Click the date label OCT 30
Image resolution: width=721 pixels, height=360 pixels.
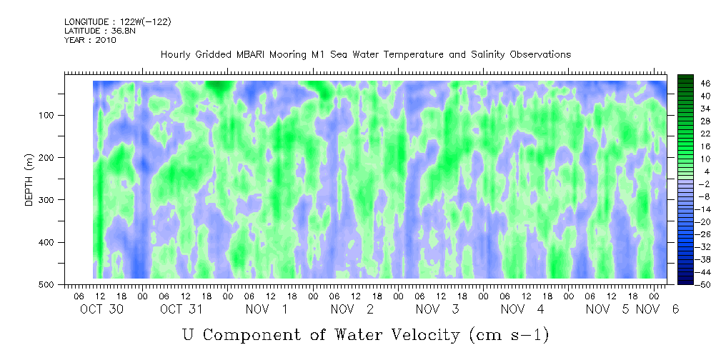(101, 309)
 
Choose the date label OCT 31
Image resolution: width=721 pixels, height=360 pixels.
(182, 309)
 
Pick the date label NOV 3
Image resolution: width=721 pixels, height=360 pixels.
(437, 309)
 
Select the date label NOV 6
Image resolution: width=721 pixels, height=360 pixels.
(657, 309)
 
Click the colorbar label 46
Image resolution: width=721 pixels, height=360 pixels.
(693, 84)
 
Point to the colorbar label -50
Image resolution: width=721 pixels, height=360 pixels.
(692, 285)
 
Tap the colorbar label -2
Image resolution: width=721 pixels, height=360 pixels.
(692, 184)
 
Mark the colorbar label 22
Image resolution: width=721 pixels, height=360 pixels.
(693, 136)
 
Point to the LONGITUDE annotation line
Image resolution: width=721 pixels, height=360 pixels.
(118, 22)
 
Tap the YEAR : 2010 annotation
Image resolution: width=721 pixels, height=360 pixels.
(90, 40)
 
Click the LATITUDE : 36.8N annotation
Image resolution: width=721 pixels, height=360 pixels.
(100, 31)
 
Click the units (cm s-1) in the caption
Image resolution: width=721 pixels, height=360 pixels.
(509, 335)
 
